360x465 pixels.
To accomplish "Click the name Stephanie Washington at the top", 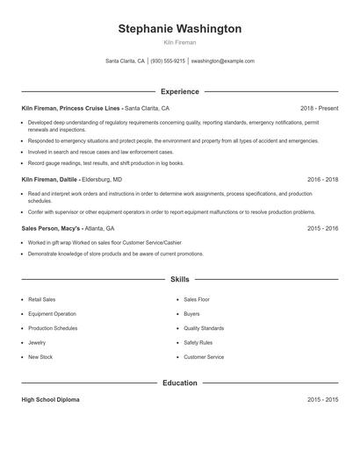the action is (x=179, y=29).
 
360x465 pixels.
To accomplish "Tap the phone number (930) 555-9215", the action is (x=168, y=61).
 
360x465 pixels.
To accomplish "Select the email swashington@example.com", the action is (x=223, y=61).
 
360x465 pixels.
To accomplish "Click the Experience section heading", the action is (x=179, y=91).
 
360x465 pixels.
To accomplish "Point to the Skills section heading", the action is (x=179, y=280).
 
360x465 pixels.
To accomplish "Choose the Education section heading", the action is (x=179, y=383).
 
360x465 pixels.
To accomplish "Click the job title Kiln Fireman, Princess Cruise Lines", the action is (x=72, y=108).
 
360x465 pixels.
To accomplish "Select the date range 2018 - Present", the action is (x=319, y=108).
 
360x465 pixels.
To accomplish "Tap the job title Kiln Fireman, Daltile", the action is (x=53, y=179).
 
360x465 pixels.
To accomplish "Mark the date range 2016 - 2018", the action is (x=322, y=179).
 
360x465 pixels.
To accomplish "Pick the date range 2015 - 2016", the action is (x=322, y=228).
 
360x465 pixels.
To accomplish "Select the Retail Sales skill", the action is (x=41, y=299).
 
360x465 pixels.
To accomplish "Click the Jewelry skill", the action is (x=37, y=343).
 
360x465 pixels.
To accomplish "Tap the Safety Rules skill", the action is (x=198, y=343).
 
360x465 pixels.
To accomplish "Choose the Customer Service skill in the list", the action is (x=204, y=357).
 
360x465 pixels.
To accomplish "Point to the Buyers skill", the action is (x=191, y=313).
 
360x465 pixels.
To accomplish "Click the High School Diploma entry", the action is (x=50, y=399).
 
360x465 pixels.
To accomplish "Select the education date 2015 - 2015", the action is (x=322, y=399).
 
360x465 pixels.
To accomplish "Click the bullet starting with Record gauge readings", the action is (x=105, y=162).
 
